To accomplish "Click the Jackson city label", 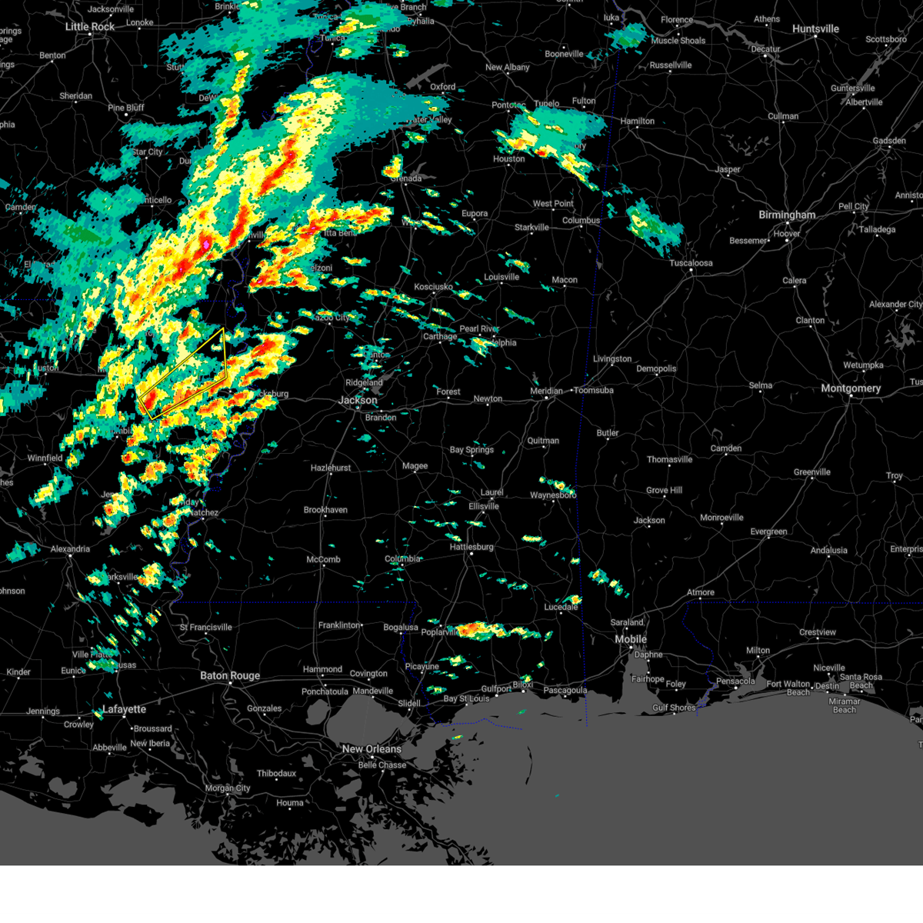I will coord(358,400).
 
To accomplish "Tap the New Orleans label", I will coord(372,749).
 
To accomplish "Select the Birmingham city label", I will coord(787,215).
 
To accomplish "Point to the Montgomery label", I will coord(850,388).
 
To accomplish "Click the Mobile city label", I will coord(631,640).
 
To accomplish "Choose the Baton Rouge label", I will coord(230,676).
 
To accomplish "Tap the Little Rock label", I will coord(90,27).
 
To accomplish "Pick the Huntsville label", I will coord(815,29).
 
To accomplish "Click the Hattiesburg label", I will coord(471,547).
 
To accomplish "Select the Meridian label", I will coord(546,391).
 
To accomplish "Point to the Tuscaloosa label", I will coord(691,263).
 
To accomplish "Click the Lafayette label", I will coord(125,709).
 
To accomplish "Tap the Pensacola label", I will coord(735,681).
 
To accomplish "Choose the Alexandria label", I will coord(70,549).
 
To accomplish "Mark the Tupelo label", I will coord(546,104).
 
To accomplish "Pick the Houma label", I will coord(290,803).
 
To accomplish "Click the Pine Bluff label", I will coord(126,108).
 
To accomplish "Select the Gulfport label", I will coord(496,689).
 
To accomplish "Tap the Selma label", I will coord(761,386).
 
